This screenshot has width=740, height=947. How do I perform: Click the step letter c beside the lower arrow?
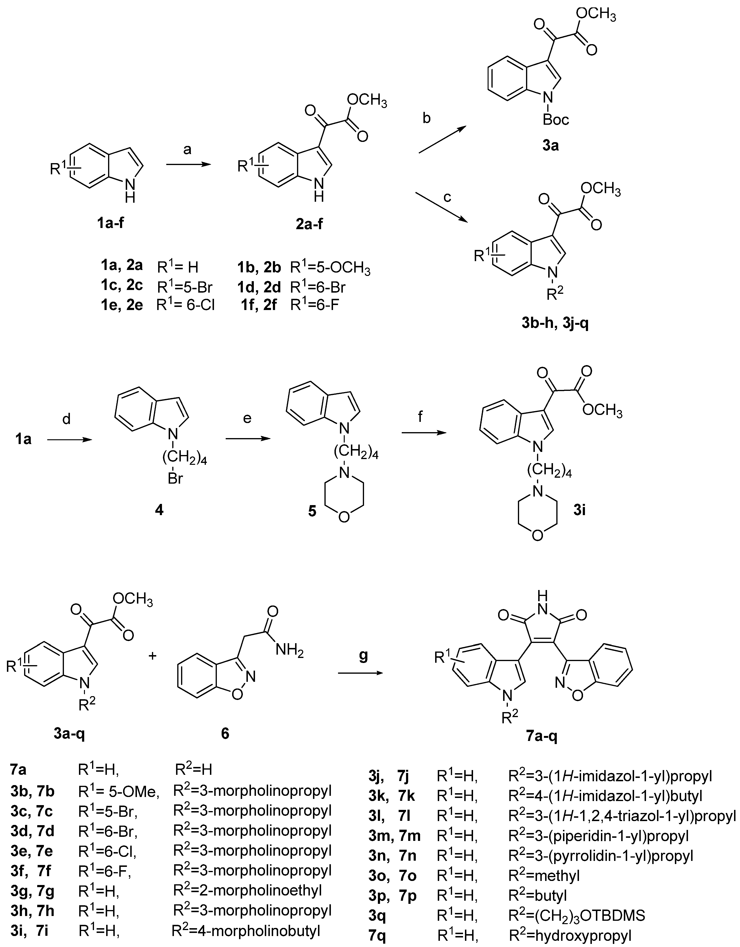447,198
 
